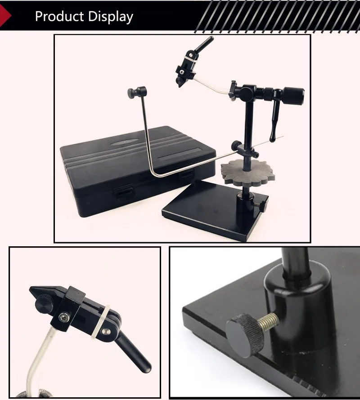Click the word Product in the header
[x=59, y=16]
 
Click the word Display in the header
[x=111, y=17]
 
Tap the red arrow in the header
[x=5, y=15]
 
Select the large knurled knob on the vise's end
[x=293, y=95]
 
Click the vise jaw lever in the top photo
[x=203, y=44]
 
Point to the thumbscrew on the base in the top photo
[x=262, y=205]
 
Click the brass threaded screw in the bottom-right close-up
[x=269, y=321]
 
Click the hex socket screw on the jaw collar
[x=63, y=317]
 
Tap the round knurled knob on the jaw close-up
[x=45, y=302]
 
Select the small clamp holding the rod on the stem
[x=245, y=149]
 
